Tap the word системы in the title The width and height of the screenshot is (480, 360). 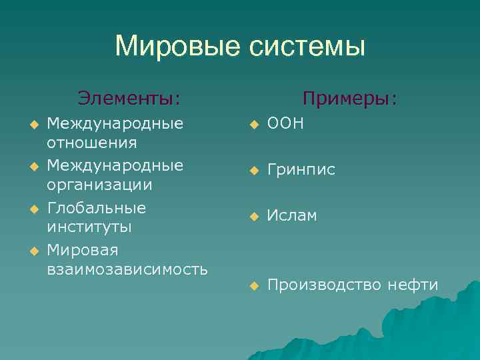click(x=307, y=47)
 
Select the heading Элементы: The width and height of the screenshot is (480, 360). click(x=129, y=99)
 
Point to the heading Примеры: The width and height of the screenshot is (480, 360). click(x=349, y=99)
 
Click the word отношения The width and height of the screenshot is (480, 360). click(x=92, y=143)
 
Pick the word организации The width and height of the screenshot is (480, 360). click(x=99, y=185)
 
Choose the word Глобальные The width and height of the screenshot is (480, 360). click(x=97, y=207)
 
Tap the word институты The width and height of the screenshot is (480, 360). click(x=89, y=227)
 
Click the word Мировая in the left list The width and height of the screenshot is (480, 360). click(x=83, y=250)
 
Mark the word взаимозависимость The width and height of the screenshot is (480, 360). click(x=127, y=269)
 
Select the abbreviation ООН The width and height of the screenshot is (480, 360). click(x=285, y=124)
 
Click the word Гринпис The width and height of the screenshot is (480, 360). click(x=301, y=170)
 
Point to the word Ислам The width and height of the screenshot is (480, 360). click(x=292, y=215)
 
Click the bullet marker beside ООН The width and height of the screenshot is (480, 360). click(x=253, y=125)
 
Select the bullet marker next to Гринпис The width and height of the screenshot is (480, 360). click(x=253, y=171)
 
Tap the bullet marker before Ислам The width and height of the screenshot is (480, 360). click(x=253, y=216)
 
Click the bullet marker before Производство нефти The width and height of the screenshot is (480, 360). click(x=253, y=286)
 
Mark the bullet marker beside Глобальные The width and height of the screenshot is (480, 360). click(x=34, y=209)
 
